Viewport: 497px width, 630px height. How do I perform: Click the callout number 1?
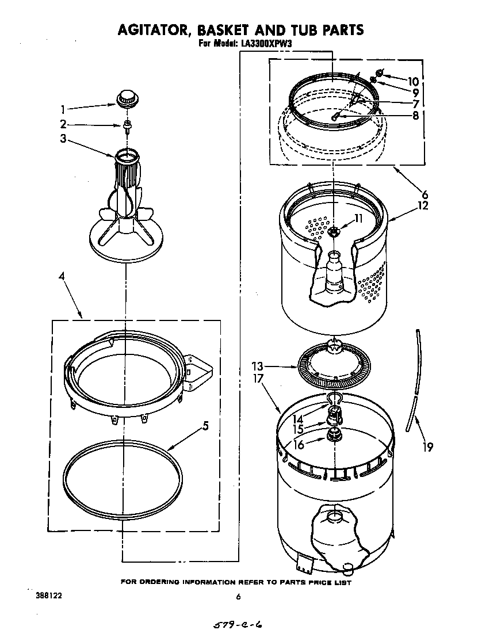(63, 109)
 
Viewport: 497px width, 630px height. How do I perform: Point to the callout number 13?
(257, 365)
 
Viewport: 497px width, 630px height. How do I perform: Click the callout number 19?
(427, 446)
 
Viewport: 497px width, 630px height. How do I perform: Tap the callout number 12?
(423, 205)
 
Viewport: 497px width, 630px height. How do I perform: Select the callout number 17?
(257, 379)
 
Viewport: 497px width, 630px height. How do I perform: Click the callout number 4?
(62, 277)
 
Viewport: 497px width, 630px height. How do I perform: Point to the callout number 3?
(63, 138)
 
